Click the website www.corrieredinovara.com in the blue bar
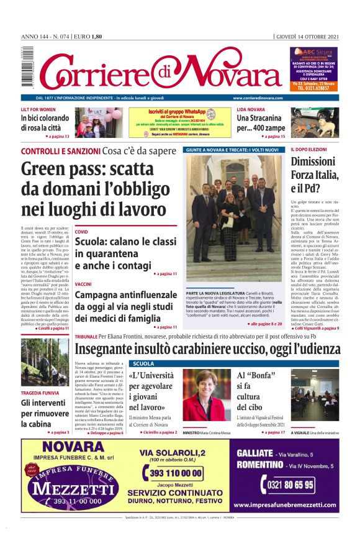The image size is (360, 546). (x=259, y=99)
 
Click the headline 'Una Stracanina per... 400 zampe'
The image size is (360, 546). (x=261, y=123)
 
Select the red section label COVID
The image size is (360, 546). (x=81, y=232)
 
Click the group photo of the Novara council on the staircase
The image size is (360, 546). (x=235, y=218)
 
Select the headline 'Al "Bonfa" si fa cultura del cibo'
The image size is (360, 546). (x=256, y=397)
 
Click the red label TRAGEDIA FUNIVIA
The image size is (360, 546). (x=40, y=393)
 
